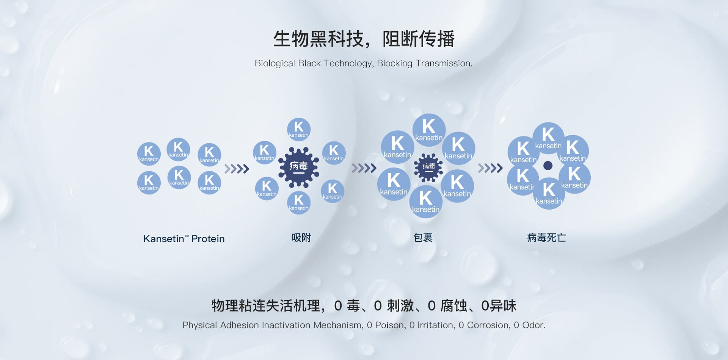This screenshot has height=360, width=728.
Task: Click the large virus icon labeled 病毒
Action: click(299, 167)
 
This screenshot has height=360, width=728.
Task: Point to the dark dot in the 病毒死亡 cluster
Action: click(548, 166)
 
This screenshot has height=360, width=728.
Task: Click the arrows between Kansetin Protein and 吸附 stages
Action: click(237, 169)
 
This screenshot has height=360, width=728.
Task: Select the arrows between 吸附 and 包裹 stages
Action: click(364, 168)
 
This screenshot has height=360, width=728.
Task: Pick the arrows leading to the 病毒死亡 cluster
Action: click(490, 168)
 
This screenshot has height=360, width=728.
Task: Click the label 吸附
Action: click(301, 238)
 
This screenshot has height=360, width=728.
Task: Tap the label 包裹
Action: click(423, 238)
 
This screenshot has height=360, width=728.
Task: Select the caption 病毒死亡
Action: click(547, 238)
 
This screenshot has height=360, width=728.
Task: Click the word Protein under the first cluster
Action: click(208, 239)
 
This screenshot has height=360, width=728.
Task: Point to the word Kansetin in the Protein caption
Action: click(163, 239)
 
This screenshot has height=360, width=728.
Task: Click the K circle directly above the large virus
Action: click(299, 129)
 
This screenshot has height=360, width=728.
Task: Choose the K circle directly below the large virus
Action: click(299, 202)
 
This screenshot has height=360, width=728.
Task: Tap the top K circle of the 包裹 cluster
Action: click(429, 130)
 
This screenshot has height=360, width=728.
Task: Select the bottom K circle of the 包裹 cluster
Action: click(426, 202)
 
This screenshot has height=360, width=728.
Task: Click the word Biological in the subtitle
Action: click(275, 63)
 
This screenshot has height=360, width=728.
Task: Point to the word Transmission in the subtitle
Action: click(444, 63)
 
